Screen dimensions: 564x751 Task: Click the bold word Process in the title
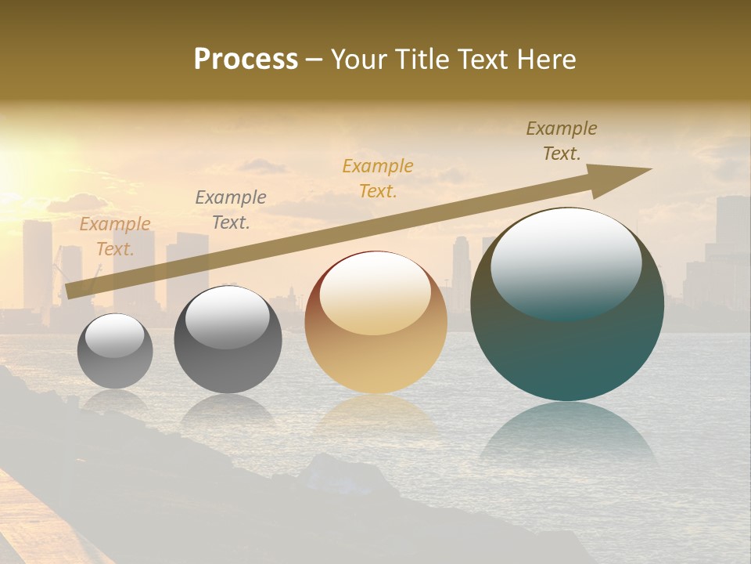click(x=246, y=60)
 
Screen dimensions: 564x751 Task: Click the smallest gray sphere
click(x=115, y=351)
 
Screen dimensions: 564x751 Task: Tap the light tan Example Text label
click(x=115, y=237)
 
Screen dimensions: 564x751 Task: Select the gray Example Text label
click(x=230, y=210)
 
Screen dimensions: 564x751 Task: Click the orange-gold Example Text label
click(x=378, y=179)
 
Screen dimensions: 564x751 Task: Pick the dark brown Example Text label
click(x=562, y=141)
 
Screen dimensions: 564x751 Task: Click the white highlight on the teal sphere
click(x=566, y=262)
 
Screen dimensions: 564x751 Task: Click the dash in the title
click(x=314, y=60)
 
